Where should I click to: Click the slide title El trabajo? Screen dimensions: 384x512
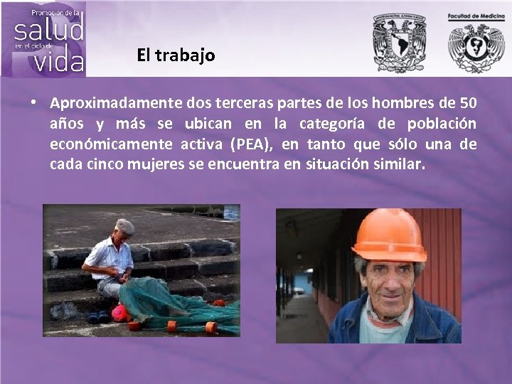(x=176, y=55)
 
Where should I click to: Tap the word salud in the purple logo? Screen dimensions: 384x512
(x=49, y=30)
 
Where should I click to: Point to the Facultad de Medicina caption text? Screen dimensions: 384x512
(x=476, y=16)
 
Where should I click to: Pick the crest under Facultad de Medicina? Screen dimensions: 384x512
(x=476, y=48)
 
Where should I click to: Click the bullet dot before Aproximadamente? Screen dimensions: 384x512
(x=33, y=102)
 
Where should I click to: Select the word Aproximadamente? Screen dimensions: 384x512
(x=115, y=103)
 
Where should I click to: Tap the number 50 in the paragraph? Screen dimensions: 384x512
(x=468, y=103)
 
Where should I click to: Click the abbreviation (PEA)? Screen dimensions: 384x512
(x=252, y=144)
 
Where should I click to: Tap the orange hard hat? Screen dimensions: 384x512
(x=388, y=235)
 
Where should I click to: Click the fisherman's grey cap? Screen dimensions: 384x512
(x=125, y=226)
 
